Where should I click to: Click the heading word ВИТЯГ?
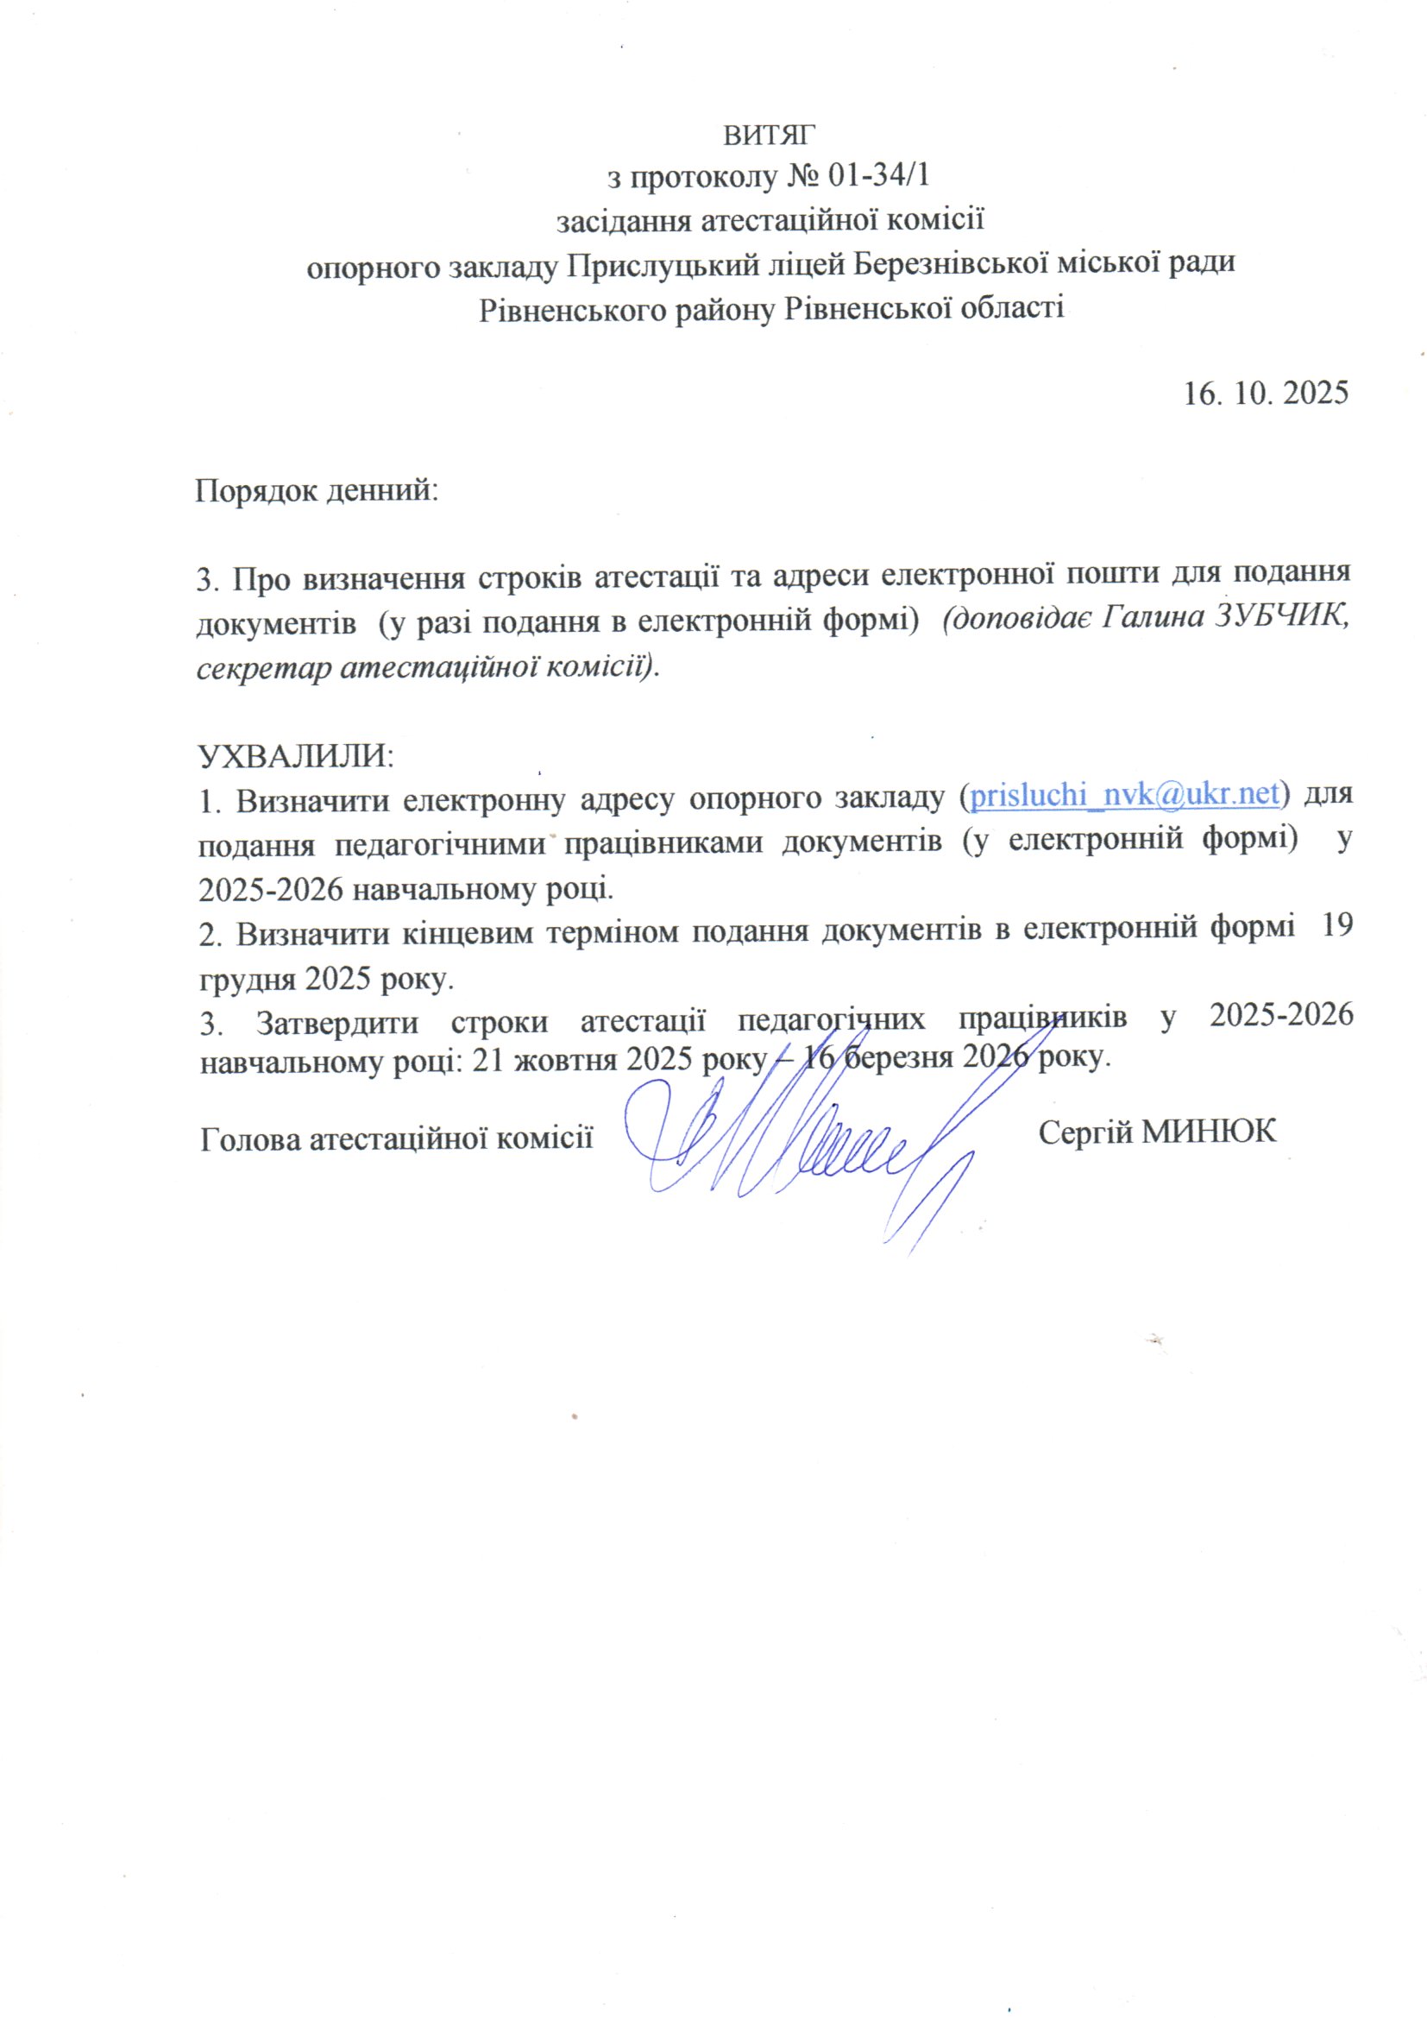tap(770, 136)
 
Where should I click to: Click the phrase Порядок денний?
tap(317, 489)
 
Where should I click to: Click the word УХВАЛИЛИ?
tap(295, 755)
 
